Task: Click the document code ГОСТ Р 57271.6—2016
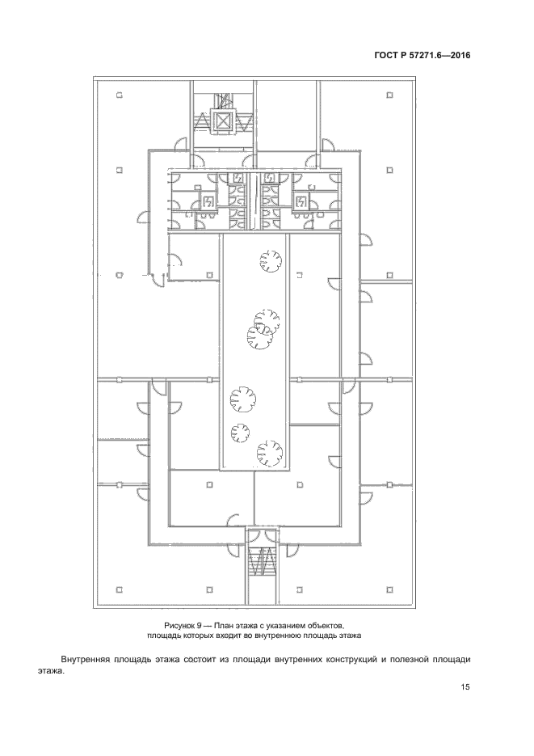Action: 422,56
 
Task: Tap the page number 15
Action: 465,687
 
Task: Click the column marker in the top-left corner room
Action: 119,95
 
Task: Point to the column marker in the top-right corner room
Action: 390,95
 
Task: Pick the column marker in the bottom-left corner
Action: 119,589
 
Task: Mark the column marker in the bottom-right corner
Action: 390,589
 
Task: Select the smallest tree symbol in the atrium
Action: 239,432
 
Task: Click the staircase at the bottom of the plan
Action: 263,561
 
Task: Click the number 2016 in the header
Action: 460,56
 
